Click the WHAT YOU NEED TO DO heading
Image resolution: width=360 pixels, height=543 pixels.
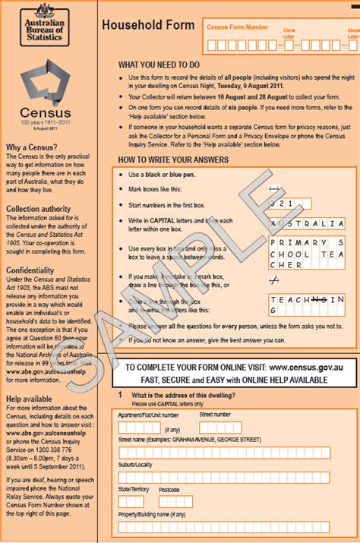point(159,65)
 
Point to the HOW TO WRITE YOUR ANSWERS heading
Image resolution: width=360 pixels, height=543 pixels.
point(172,159)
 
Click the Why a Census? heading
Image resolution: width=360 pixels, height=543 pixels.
point(29,147)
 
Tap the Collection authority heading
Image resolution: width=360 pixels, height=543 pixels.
point(39,209)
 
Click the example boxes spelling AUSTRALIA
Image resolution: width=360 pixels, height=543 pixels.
point(307,224)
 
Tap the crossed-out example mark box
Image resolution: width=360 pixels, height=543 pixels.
point(274,279)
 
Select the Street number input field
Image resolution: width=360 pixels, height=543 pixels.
point(220,428)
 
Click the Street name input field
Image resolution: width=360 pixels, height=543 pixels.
point(224,453)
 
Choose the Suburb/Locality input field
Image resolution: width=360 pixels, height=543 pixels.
point(224,477)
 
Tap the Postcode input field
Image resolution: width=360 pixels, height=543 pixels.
point(175,502)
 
